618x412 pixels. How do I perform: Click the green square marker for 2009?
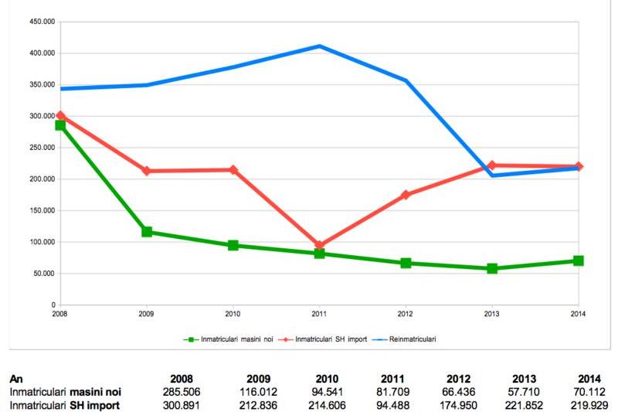pos(147,232)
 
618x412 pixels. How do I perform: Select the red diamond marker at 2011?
pos(319,246)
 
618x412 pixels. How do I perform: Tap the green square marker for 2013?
pos(492,269)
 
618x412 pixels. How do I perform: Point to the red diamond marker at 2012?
pos(406,195)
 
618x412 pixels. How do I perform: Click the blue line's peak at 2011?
pos(319,46)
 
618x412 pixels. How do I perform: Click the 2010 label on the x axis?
pos(233,314)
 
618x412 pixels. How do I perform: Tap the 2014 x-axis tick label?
pos(579,314)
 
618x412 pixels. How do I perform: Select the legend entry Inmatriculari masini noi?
pos(229,339)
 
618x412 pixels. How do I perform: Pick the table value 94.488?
pos(392,404)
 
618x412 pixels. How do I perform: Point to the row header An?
pos(15,380)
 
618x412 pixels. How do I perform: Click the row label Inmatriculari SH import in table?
pos(65,404)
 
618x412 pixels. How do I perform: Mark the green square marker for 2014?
pos(579,261)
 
